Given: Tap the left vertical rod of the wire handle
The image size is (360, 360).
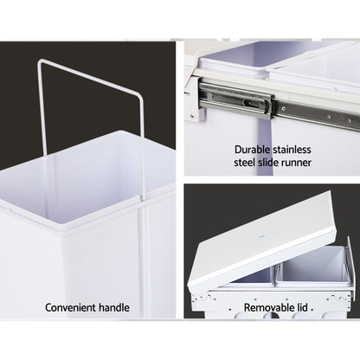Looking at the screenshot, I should click(39, 130).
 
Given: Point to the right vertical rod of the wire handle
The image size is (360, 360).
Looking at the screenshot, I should click(141, 147).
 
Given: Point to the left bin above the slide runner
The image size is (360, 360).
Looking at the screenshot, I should click(229, 61).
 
